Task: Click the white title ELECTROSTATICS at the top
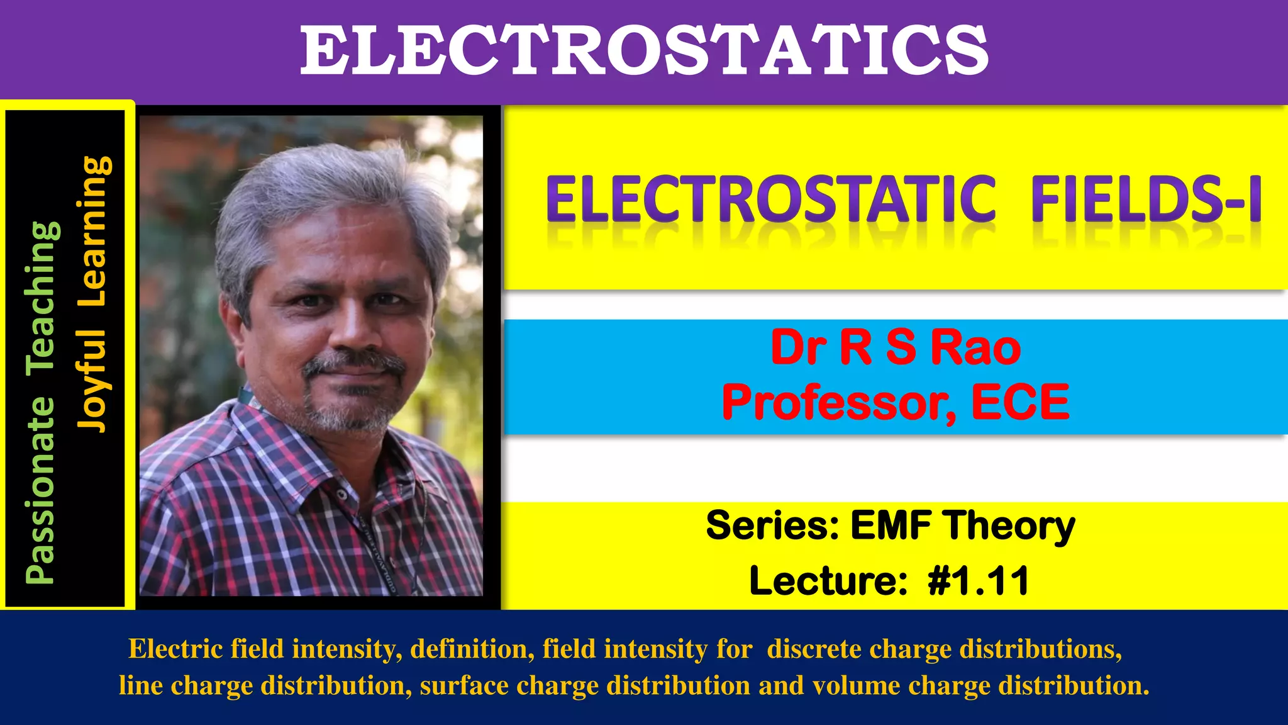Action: (x=644, y=50)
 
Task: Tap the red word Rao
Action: (x=975, y=347)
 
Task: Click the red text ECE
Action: (x=1020, y=402)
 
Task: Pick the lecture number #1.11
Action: (x=978, y=580)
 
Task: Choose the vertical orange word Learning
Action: (x=94, y=230)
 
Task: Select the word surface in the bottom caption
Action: (x=464, y=685)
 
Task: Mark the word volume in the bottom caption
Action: (x=856, y=685)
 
